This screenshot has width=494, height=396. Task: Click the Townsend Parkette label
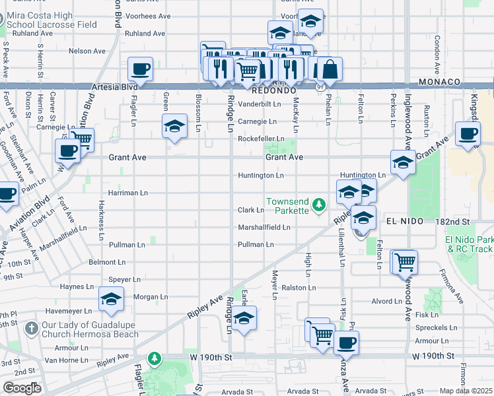click(287, 205)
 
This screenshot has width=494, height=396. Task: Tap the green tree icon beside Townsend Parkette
click(319, 205)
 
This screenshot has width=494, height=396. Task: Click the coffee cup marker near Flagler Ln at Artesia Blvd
click(140, 69)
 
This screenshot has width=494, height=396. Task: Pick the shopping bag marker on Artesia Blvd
click(330, 69)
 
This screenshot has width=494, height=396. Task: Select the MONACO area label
click(439, 82)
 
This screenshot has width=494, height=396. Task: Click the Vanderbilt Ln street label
click(260, 104)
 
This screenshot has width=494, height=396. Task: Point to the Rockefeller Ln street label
click(261, 139)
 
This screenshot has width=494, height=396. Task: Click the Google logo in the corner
click(22, 388)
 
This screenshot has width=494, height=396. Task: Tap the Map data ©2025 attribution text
click(466, 391)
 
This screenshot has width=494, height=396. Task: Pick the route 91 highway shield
click(320, 86)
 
